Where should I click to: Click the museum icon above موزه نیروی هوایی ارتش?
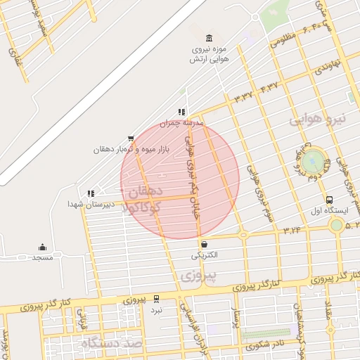click(x=208, y=38)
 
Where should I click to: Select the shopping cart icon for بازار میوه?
click(x=130, y=139)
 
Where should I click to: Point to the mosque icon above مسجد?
click(x=42, y=247)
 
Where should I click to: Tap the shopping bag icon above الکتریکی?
click(x=204, y=243)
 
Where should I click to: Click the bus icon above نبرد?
click(x=156, y=299)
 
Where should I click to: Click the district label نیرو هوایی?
click(x=318, y=119)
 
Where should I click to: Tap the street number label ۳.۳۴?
click(x=292, y=229)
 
